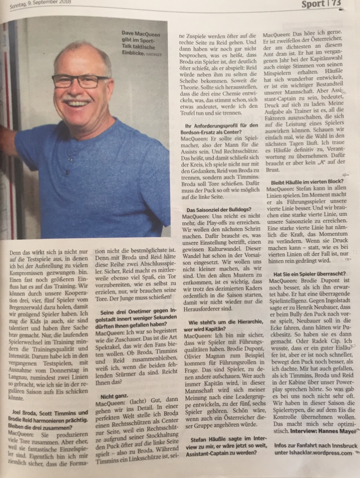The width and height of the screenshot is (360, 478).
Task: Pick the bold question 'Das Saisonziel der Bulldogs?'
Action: click(x=212, y=210)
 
